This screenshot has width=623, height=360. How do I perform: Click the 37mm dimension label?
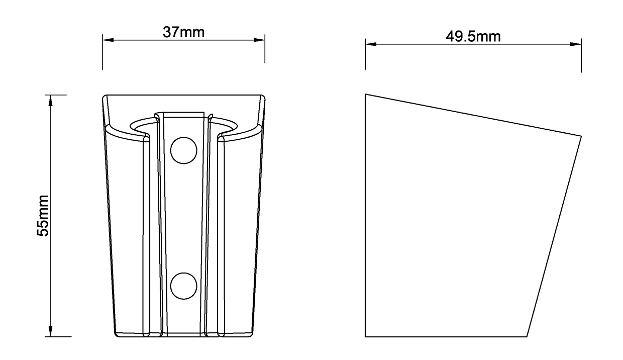[x=183, y=32]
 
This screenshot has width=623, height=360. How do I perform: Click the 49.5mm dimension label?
[x=473, y=36]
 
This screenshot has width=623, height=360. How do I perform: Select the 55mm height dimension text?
[x=43, y=216]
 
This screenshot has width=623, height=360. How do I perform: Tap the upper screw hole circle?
[x=183, y=150]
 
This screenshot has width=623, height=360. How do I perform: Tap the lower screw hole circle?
[x=183, y=286]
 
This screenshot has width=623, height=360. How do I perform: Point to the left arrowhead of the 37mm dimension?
[x=108, y=40]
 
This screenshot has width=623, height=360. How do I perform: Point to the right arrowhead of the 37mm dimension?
[x=259, y=40]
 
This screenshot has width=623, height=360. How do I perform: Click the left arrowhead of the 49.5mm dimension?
[x=371, y=44]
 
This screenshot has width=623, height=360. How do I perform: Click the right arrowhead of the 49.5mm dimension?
[x=575, y=44]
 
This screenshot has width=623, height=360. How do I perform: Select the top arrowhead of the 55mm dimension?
[x=50, y=101]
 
